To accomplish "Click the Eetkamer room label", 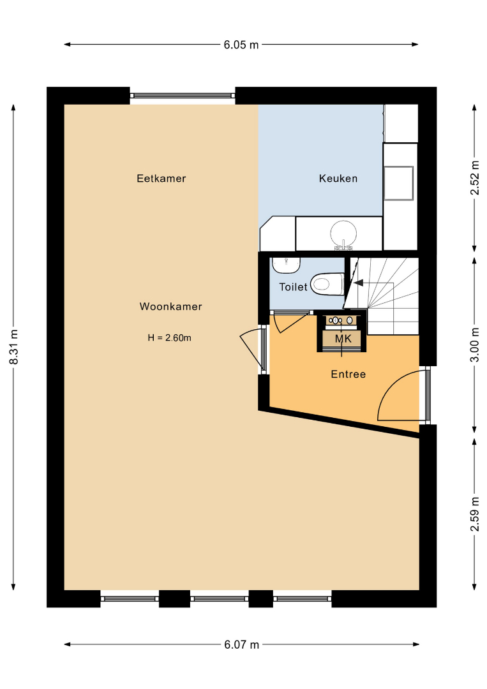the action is pyautogui.click(x=161, y=179).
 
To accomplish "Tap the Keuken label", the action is pyautogui.click(x=338, y=179).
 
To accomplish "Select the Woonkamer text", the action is pyautogui.click(x=170, y=306).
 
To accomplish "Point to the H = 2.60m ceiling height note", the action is pyautogui.click(x=169, y=338).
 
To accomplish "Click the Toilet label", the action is pyautogui.click(x=293, y=287).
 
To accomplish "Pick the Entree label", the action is pyautogui.click(x=348, y=374).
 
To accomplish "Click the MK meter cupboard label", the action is pyautogui.click(x=343, y=339).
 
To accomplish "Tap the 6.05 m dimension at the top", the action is pyautogui.click(x=241, y=45).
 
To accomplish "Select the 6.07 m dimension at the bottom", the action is pyautogui.click(x=242, y=644).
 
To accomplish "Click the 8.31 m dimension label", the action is pyautogui.click(x=13, y=346).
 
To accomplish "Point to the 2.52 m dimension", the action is pyautogui.click(x=475, y=177).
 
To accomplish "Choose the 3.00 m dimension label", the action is pyautogui.click(x=475, y=344).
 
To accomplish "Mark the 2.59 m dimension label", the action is pyautogui.click(x=475, y=514).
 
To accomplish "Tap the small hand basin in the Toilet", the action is pyautogui.click(x=286, y=265).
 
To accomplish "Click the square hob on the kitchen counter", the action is pyautogui.click(x=399, y=183).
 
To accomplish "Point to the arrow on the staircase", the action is pyautogui.click(x=358, y=283).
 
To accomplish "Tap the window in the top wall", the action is pyautogui.click(x=183, y=95).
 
